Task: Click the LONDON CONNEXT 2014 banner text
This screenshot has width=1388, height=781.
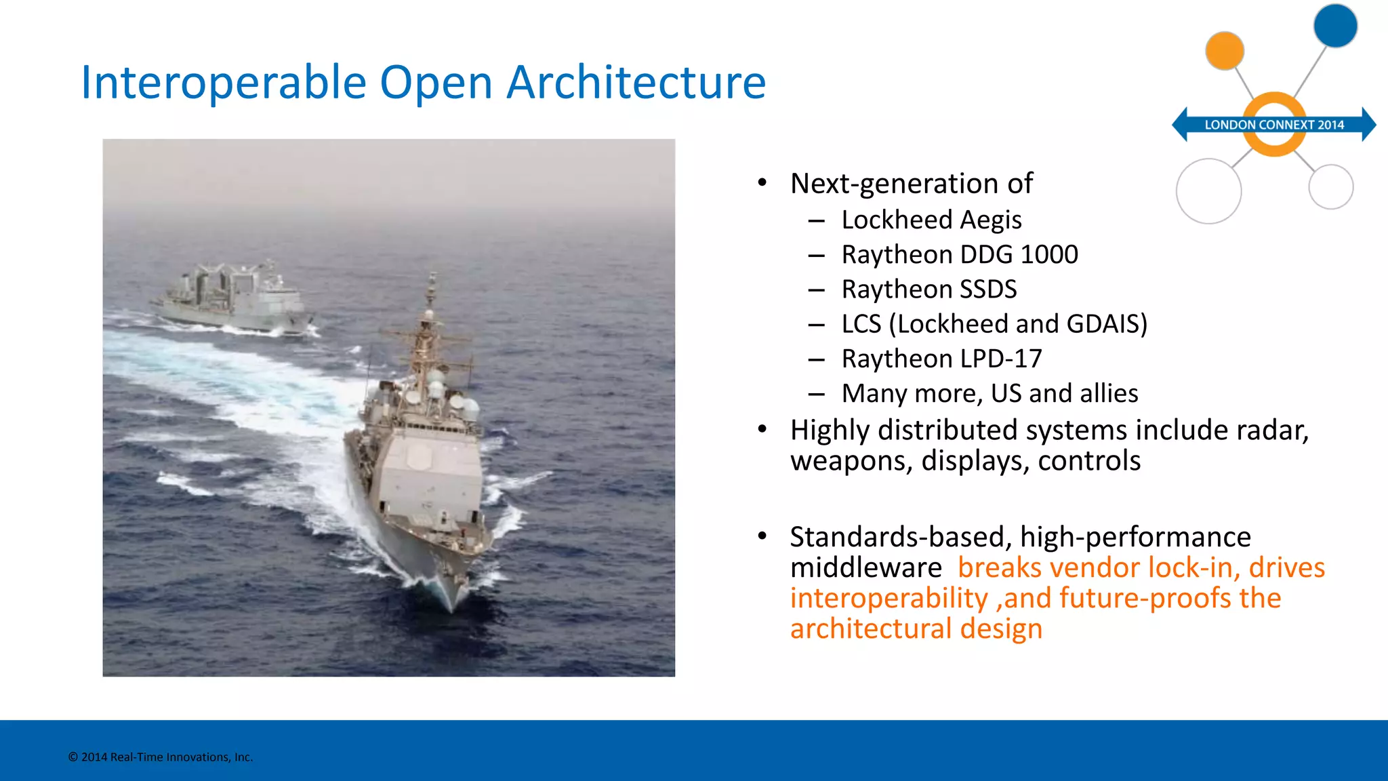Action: pyautogui.click(x=1273, y=125)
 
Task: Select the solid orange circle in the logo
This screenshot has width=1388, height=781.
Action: pyautogui.click(x=1225, y=50)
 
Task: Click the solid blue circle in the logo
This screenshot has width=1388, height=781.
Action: pyautogui.click(x=1335, y=26)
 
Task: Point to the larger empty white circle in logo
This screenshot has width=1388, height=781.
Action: pyautogui.click(x=1208, y=191)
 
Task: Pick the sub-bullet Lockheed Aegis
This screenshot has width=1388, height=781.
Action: pyautogui.click(x=931, y=220)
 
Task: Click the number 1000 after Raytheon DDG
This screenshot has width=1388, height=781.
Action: pyautogui.click(x=1048, y=254)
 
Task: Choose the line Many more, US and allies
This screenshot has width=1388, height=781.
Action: pyautogui.click(x=989, y=393)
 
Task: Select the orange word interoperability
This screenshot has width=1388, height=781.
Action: pyautogui.click(x=889, y=599)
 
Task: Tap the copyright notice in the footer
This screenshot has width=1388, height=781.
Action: pyautogui.click(x=161, y=757)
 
